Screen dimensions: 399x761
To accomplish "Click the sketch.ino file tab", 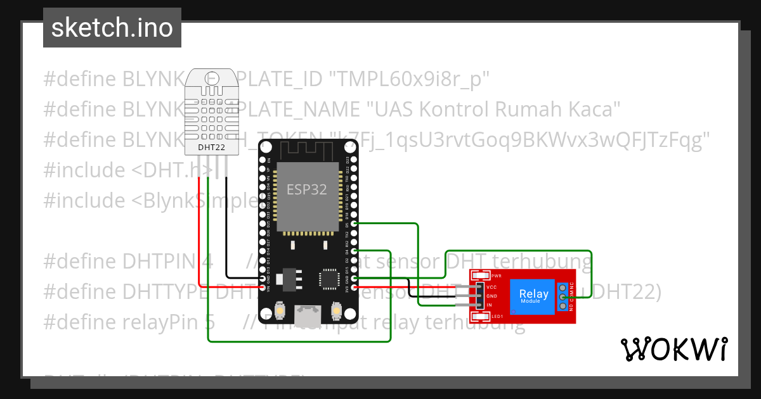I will [112, 28].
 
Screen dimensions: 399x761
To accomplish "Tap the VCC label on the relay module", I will [491, 287].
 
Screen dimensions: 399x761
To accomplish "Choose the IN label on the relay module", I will [490, 305].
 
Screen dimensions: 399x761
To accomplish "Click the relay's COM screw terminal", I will [563, 296].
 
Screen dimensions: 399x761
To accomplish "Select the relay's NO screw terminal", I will [563, 307].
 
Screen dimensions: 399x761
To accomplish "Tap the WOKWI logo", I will [673, 349].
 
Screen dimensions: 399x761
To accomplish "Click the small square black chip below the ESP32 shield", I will [329, 277].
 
